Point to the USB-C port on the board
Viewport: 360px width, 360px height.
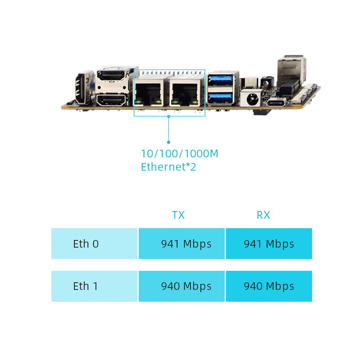[277, 103]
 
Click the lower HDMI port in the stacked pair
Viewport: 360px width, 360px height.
[112, 101]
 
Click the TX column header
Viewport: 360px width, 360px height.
[178, 215]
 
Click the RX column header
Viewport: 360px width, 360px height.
[263, 215]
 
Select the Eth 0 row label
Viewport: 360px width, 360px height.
[86, 244]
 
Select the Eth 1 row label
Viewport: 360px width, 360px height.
[85, 286]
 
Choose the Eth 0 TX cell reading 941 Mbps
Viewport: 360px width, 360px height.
[186, 244]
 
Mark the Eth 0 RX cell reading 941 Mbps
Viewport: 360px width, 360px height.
[269, 244]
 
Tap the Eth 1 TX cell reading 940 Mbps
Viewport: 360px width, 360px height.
[186, 286]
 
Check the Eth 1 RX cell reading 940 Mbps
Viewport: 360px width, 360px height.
[269, 286]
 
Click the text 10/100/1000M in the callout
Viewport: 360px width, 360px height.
[179, 154]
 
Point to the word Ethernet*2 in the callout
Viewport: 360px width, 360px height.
[168, 167]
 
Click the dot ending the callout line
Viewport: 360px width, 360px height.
[169, 142]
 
